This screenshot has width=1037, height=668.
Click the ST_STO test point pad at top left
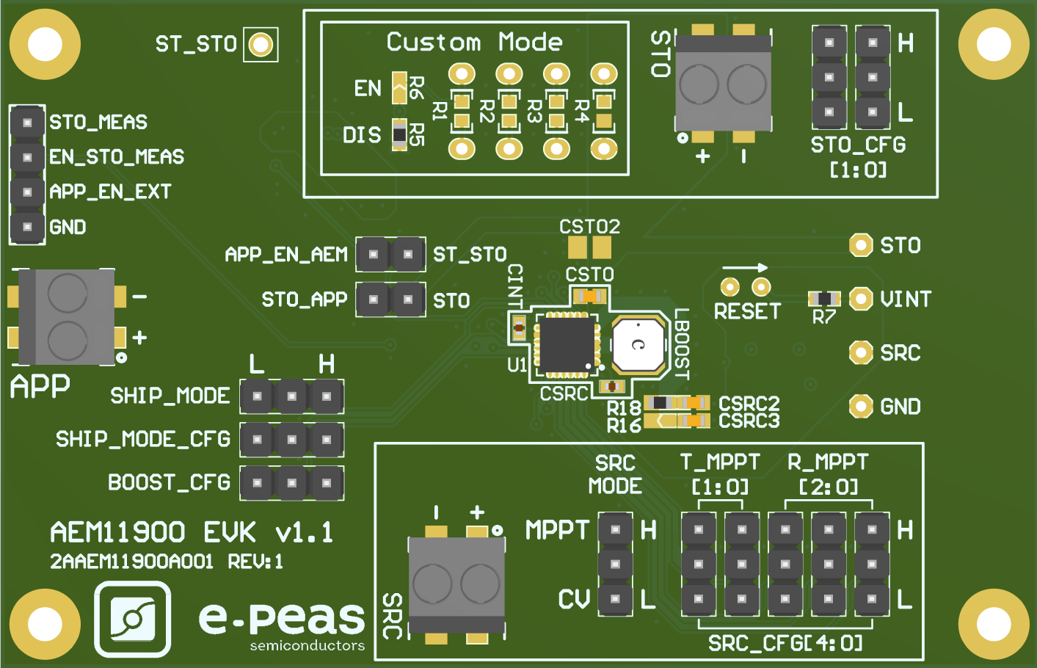coord(261,45)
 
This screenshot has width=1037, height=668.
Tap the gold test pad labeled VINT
coord(860,299)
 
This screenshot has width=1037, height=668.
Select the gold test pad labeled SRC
coord(860,352)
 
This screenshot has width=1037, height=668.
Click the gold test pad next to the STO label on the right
coord(860,245)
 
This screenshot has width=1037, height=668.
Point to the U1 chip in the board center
coord(566,344)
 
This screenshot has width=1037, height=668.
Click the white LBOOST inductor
coord(638,344)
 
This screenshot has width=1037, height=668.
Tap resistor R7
coord(823,299)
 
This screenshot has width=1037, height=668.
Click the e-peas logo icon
coord(133,619)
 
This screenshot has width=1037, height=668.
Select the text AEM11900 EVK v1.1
coord(192,532)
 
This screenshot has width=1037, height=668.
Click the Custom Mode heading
coord(474,42)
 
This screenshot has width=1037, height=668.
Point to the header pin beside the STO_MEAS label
coord(27,122)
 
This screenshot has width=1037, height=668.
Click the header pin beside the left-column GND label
coord(27,227)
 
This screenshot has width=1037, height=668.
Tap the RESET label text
coord(746,311)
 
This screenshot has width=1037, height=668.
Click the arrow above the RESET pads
coord(744,267)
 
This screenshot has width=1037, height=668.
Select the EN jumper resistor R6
coord(399,88)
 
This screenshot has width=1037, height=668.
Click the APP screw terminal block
coord(67,317)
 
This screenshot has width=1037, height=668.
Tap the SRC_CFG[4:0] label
coord(785,643)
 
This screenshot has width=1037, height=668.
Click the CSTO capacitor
coord(589,297)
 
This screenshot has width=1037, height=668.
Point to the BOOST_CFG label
coord(169,482)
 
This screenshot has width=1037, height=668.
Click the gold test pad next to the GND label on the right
coord(860,406)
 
